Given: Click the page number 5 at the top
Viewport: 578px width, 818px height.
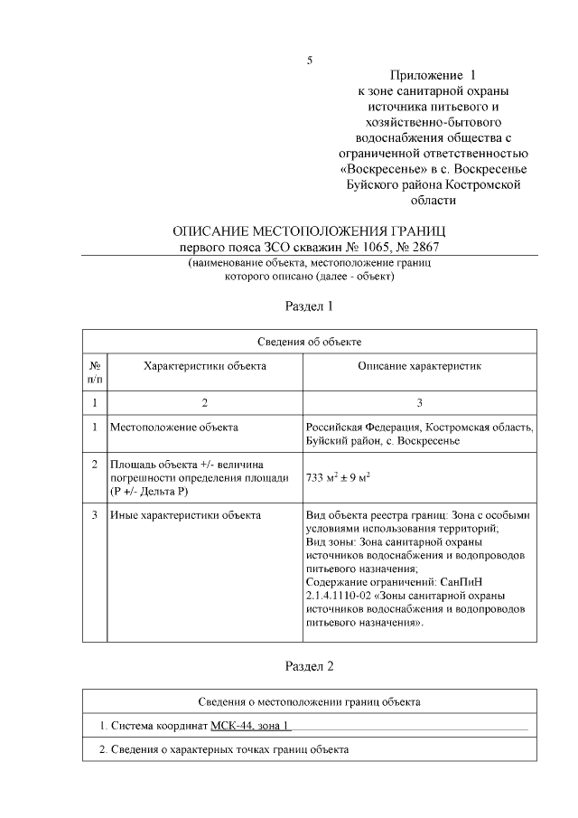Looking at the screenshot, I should click(x=310, y=61).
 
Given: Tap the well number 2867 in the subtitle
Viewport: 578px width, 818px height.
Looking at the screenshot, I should click(x=422, y=246).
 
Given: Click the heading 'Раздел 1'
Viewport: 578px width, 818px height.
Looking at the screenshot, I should click(x=309, y=306).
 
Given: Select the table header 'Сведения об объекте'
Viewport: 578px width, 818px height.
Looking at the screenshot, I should click(x=309, y=341).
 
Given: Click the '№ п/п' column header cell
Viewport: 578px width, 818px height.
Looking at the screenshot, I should click(x=95, y=373).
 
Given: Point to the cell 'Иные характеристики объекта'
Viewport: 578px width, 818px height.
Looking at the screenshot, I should click(x=185, y=515).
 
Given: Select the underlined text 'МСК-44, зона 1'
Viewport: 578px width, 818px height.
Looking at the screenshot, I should click(x=251, y=726).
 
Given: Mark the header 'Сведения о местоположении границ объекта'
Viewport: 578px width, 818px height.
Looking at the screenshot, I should click(x=309, y=701).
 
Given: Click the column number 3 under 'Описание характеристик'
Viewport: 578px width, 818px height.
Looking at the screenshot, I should click(x=419, y=402).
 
